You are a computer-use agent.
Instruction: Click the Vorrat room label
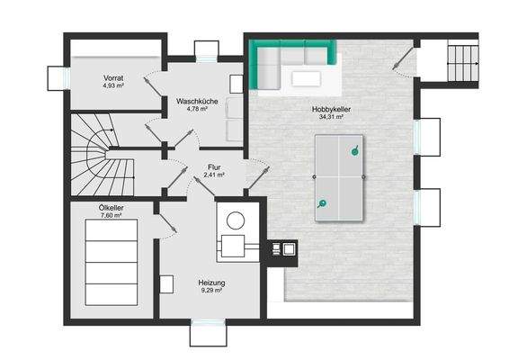(x=113, y=78)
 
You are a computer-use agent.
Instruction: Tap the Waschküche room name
(x=197, y=102)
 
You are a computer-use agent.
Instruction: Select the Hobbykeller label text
(x=331, y=109)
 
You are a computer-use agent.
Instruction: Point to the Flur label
(x=214, y=167)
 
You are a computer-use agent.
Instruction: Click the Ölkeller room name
(x=111, y=208)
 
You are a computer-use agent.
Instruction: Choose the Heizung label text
(x=211, y=283)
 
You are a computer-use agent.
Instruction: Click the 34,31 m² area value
(x=331, y=116)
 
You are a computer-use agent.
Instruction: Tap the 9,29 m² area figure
(x=211, y=290)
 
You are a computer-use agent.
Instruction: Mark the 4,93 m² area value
(x=113, y=85)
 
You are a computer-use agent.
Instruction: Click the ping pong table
(x=339, y=177)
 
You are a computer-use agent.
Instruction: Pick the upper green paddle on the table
(x=355, y=151)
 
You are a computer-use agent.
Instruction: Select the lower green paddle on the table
(x=322, y=203)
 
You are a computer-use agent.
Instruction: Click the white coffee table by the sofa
(x=306, y=78)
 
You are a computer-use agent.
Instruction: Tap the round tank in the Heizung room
(x=236, y=220)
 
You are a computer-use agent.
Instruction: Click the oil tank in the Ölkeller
(x=112, y=262)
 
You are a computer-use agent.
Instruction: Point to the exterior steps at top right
(x=462, y=63)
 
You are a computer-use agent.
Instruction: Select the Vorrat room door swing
(x=152, y=85)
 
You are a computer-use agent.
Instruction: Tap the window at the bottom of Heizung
(x=208, y=322)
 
